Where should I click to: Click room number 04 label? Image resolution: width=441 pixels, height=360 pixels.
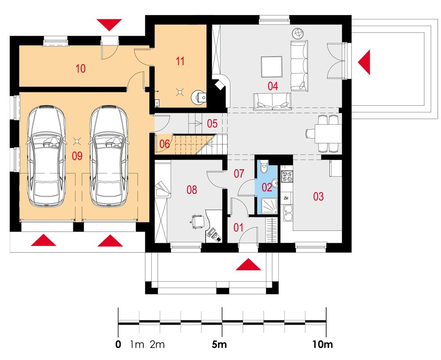click(273, 86)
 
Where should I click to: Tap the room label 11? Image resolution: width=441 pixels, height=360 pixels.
click(180, 61)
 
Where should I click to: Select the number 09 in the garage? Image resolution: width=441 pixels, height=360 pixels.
click(77, 156)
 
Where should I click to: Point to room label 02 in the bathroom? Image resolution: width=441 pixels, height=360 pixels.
click(267, 187)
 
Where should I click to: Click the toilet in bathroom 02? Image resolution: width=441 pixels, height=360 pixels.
click(264, 167)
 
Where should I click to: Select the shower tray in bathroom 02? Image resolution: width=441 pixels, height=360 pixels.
click(269, 206)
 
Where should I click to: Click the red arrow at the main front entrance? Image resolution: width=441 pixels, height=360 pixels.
click(248, 264)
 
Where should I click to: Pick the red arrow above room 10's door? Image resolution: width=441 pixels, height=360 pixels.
click(109, 25)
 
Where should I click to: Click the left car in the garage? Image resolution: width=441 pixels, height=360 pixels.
click(46, 156)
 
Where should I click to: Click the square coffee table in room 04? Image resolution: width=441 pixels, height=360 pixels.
click(272, 67)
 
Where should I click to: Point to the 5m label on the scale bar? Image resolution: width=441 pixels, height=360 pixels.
click(219, 344)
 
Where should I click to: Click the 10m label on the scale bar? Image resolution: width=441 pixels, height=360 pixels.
click(323, 344)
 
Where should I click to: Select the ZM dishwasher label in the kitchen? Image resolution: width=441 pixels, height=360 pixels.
click(286, 198)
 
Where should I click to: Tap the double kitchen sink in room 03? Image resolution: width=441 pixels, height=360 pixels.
click(288, 213)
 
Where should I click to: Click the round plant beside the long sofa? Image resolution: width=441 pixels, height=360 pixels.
click(298, 34)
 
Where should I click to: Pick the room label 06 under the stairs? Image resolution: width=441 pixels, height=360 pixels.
click(164, 144)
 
